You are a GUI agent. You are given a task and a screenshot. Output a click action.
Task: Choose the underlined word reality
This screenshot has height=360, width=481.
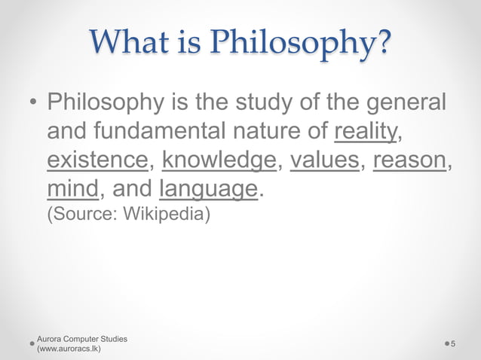[x=365, y=131]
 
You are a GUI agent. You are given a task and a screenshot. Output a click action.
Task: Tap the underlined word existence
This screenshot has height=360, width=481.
[x=97, y=160]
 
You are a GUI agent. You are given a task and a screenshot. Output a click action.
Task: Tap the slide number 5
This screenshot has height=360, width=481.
[x=455, y=343]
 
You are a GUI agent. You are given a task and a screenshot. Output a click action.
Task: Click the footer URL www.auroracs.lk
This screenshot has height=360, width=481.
[x=75, y=349]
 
